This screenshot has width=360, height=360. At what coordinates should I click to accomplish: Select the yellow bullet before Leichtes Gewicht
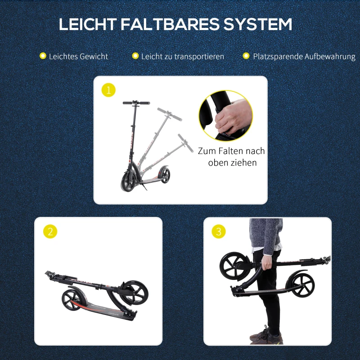click(43, 56)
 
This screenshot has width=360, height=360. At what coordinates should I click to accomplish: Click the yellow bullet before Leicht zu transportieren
click(135, 56)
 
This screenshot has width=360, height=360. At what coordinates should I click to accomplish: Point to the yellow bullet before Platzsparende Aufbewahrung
click(246, 56)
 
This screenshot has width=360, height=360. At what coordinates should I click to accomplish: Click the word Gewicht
click(94, 57)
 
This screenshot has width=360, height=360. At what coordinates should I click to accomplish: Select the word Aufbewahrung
click(330, 57)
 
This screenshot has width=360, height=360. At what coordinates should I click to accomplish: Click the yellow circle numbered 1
click(108, 90)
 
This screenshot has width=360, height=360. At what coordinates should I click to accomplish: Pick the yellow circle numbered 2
click(50, 232)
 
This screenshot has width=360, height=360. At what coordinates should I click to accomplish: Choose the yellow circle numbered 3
click(219, 232)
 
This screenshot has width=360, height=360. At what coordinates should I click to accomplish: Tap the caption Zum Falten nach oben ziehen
click(231, 157)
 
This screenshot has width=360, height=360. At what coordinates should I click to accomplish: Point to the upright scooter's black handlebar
click(136, 103)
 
